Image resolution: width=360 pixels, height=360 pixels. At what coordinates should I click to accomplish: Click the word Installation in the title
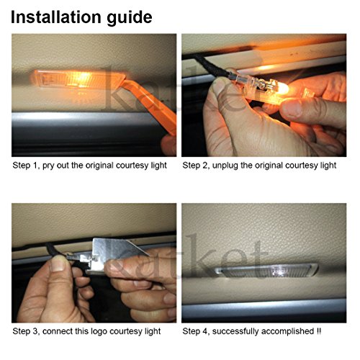(56, 17)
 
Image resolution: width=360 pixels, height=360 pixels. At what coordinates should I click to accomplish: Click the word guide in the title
(130, 18)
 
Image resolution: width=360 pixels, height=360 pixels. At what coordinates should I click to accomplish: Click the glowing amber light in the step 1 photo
(78, 79)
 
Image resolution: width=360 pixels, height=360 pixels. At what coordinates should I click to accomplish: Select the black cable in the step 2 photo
(210, 64)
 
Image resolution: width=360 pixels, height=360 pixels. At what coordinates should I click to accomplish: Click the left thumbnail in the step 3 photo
(58, 264)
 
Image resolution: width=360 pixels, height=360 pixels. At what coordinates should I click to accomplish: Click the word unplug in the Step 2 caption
(225, 166)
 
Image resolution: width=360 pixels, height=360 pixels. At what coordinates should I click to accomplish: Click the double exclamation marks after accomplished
(318, 331)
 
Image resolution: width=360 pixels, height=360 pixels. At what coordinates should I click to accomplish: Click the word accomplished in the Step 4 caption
(288, 331)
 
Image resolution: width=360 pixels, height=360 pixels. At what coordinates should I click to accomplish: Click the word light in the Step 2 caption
(328, 166)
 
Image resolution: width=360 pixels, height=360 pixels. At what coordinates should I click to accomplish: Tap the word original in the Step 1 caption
(99, 166)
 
